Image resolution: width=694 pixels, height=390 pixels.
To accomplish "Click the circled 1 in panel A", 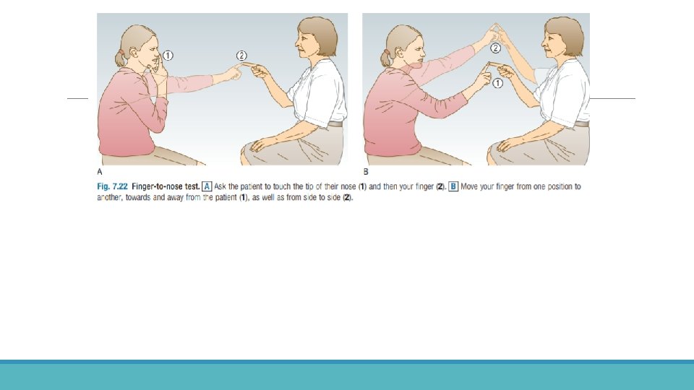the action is pos(168,56).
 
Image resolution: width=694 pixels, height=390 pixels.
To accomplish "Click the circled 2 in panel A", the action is pos(241,56).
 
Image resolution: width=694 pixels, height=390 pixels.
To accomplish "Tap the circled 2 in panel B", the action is pos(496,48).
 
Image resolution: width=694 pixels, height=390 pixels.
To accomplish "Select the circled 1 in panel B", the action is pos(497,83).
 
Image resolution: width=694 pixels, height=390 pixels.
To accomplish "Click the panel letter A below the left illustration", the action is pos(100,172).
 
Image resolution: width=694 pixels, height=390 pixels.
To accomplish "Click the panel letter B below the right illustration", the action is pos(366,172).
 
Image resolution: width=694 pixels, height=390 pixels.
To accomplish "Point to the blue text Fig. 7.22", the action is pos(112,186).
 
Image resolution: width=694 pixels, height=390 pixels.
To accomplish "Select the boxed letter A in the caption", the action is pos(207,186).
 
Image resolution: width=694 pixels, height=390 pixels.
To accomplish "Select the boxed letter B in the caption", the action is pos(453,186).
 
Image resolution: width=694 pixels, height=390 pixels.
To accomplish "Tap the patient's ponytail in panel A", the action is pos(119,58).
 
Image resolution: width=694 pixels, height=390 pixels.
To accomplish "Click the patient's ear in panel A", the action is pos(134,53).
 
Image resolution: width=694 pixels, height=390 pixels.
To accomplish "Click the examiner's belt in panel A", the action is pos(335,123).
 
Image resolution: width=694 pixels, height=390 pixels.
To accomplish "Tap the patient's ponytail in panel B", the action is pos(385,58).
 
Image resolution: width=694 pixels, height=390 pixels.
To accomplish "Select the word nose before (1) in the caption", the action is pos(348,186).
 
